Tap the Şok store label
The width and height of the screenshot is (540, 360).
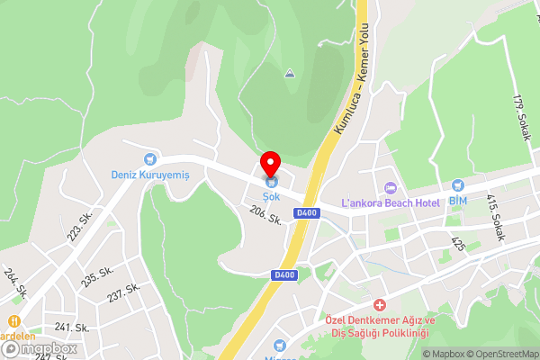[270, 195]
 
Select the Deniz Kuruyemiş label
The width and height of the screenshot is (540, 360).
[148, 175]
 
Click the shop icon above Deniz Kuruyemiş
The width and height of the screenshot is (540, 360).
[150, 159]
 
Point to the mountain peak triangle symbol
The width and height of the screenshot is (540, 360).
[290, 73]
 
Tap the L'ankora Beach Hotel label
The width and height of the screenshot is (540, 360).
[391, 203]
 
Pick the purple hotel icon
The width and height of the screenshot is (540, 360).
[391, 188]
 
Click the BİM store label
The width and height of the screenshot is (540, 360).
[458, 199]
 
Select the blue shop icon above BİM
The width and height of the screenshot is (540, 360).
[458, 184]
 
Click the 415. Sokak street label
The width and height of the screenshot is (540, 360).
[496, 218]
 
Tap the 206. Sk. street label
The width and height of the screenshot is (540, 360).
[266, 215]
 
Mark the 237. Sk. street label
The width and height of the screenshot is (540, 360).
[124, 292]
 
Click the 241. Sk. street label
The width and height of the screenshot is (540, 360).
[75, 328]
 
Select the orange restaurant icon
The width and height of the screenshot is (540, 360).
[14, 320]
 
